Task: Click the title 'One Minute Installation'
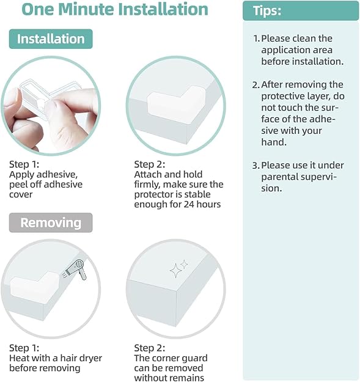(115, 10)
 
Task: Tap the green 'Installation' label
(51, 39)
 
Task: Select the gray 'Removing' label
(51, 222)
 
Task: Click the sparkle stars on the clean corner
(178, 267)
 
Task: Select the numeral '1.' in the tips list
(257, 39)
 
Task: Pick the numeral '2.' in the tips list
(257, 84)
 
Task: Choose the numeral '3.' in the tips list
(257, 165)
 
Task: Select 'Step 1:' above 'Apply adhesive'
(24, 164)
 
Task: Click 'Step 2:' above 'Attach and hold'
(150, 164)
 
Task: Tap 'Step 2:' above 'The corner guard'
(150, 348)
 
